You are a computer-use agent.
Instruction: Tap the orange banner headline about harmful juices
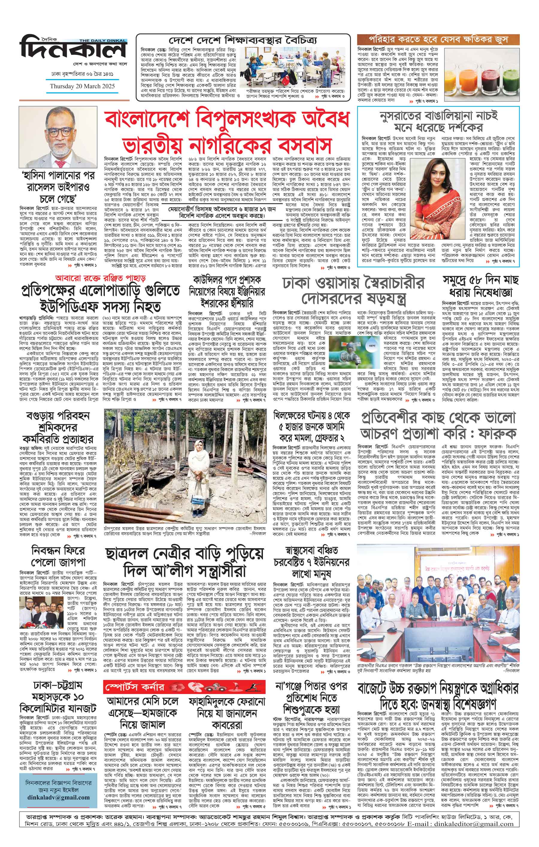(438, 39)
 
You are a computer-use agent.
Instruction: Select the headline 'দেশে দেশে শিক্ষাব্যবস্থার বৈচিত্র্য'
(243, 40)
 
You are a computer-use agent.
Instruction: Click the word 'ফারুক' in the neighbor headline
(494, 434)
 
